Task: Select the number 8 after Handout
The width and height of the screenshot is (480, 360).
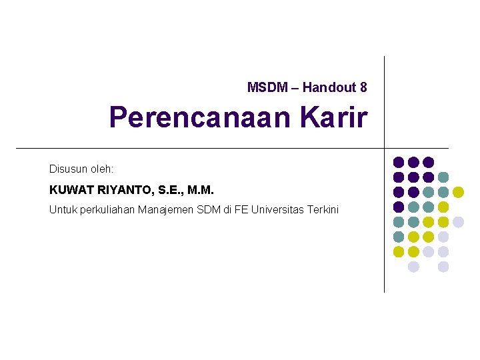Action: click(x=363, y=87)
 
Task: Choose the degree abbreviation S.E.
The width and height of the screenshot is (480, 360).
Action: click(x=170, y=190)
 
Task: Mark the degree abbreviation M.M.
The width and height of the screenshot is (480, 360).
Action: click(x=201, y=190)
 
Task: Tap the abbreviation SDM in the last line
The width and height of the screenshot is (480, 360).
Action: click(x=209, y=210)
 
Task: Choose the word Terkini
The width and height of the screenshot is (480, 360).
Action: click(x=323, y=210)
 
